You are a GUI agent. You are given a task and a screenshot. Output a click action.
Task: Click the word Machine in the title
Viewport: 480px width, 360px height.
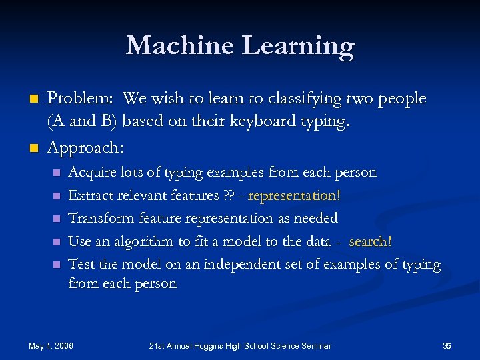pyautogui.click(x=179, y=45)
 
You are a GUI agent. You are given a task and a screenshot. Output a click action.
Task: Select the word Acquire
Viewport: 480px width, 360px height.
pyautogui.click(x=92, y=173)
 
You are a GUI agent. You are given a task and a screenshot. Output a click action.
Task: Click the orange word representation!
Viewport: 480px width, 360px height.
pyautogui.click(x=294, y=195)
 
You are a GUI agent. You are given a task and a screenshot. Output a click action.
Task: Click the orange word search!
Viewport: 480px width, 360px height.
pyautogui.click(x=370, y=241)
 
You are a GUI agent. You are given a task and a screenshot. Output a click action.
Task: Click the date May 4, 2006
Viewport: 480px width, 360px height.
pyautogui.click(x=51, y=345)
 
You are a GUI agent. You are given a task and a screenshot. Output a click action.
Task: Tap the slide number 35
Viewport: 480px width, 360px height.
pyautogui.click(x=447, y=345)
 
